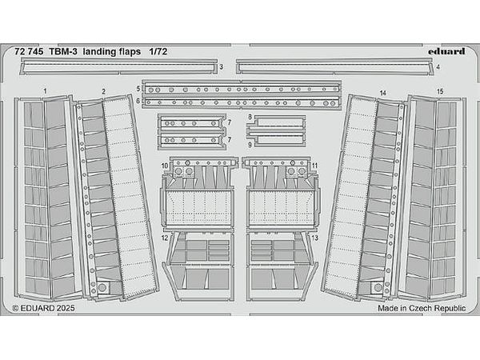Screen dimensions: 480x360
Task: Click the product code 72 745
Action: coord(29,52)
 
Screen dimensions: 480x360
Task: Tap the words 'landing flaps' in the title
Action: coord(112,52)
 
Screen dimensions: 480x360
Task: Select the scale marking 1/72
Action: coord(158,52)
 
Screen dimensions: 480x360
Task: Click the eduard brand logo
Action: coord(446,51)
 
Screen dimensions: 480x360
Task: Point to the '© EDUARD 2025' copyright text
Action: coord(44,308)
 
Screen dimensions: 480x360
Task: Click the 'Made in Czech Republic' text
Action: coord(422,308)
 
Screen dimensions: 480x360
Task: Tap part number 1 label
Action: coord(46,91)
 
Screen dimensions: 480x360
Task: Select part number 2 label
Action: coord(104,91)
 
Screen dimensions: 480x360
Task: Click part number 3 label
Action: coord(222,66)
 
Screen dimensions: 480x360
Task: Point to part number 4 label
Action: coord(438,66)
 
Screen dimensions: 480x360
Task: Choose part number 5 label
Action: coord(138,89)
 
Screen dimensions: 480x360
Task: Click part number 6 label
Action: coord(138,101)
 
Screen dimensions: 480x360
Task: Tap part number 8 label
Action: coord(250,117)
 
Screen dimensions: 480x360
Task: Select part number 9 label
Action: coord(250,145)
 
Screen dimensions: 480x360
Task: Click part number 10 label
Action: coord(165,166)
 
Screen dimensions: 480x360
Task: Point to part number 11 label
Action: coord(314,166)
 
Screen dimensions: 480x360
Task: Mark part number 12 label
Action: coord(165,238)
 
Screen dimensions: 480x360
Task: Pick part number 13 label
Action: coord(314,238)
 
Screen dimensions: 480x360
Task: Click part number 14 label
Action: coord(382,93)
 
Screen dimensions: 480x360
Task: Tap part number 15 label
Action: coord(440,91)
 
